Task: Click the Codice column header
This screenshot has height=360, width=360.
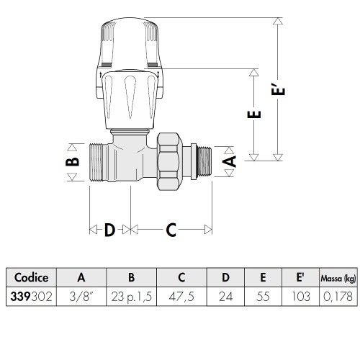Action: (31, 278)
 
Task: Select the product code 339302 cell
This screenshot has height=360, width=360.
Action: (31, 296)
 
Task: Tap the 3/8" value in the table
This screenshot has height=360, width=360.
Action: (81, 296)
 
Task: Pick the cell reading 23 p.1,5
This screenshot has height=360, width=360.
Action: (132, 296)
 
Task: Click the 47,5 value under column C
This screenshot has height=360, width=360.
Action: (181, 296)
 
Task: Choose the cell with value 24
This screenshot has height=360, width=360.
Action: (225, 296)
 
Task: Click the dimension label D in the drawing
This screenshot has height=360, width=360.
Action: (109, 230)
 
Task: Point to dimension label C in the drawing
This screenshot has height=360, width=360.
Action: (171, 230)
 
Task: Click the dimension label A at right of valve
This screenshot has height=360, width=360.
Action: (229, 161)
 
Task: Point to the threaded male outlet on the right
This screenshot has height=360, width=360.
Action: (204, 161)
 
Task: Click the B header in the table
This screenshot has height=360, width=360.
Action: (132, 278)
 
